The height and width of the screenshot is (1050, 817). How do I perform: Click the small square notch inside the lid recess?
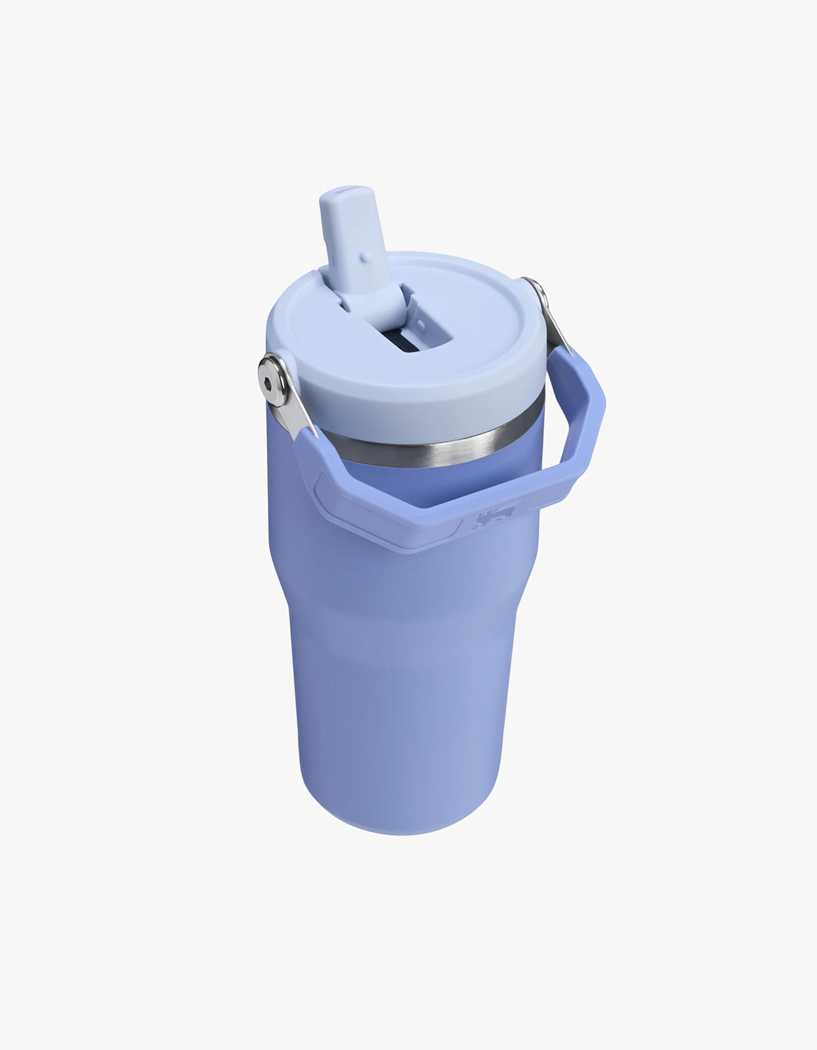point(420,324)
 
